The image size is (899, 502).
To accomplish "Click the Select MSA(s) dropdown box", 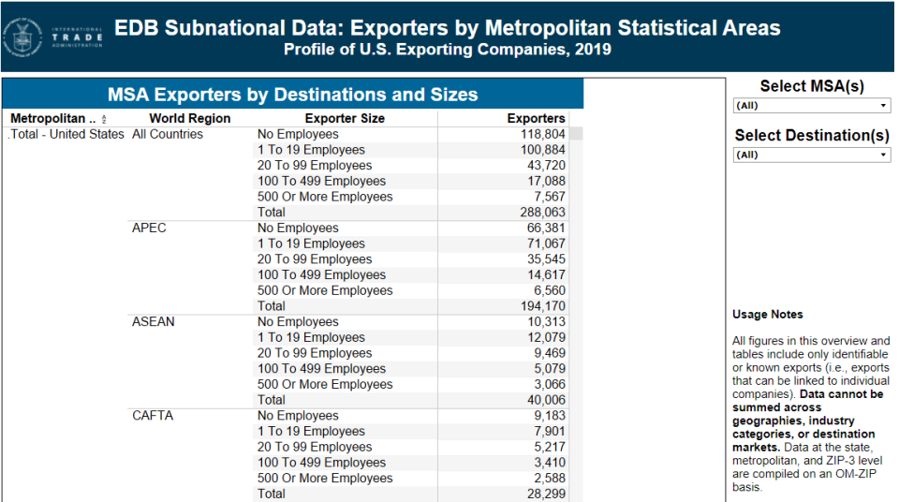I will point(811,106).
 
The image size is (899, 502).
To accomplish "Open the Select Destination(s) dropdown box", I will point(811,155).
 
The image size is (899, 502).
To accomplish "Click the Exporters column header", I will point(536,119).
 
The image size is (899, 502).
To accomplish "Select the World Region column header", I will point(189,119).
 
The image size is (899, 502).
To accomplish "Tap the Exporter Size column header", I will point(345,119).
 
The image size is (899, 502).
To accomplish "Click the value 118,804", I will point(543,135).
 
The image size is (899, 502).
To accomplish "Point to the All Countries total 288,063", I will point(543,213).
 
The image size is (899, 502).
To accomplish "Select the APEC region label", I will point(149,229).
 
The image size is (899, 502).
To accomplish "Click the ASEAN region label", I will point(153,322).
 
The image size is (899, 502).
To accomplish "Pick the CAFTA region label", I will point(153,416).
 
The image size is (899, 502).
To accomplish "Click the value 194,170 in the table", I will point(543,306).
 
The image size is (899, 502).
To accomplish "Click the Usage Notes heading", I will point(767,315).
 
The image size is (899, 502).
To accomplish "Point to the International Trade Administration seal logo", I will point(22,37).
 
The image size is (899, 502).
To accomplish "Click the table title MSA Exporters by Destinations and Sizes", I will point(292,95).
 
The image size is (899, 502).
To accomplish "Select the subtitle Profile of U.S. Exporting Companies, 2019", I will point(448,50).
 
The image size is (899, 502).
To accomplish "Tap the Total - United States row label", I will point(66,135).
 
